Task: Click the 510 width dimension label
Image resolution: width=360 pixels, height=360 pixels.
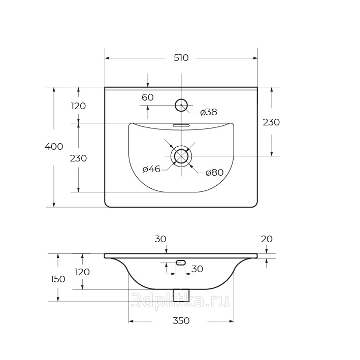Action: [x=181, y=58]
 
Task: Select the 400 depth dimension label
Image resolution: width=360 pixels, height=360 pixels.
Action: [x=54, y=146]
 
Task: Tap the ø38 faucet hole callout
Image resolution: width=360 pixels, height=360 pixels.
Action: [x=209, y=112]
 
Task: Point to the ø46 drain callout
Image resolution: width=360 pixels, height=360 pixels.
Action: [x=151, y=169]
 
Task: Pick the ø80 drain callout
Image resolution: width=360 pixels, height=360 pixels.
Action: [x=214, y=173]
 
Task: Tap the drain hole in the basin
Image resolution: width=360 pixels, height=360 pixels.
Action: [x=181, y=156]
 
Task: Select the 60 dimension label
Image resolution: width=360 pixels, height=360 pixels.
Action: [x=148, y=97]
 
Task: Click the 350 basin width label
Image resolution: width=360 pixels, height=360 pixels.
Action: [x=181, y=320]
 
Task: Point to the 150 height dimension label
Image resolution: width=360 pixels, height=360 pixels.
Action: [x=58, y=279]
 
